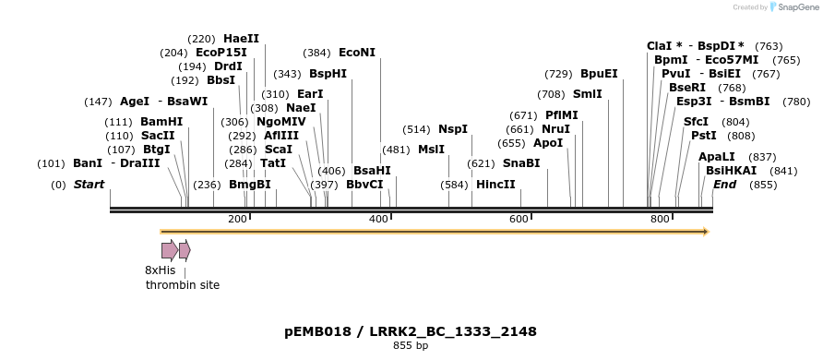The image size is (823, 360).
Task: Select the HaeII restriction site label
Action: point(241,39)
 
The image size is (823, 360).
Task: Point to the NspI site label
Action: point(452,129)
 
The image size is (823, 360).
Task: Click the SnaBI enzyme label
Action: point(521,163)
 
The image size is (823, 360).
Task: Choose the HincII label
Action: point(495,185)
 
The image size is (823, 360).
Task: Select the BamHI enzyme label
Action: point(161,122)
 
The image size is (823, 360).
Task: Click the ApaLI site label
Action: point(717,157)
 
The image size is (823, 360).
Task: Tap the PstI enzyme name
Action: point(703,136)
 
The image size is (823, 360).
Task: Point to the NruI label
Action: point(555,129)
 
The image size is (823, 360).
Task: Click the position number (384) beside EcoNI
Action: point(316,53)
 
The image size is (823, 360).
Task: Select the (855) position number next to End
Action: point(763,185)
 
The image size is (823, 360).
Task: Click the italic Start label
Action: point(89,185)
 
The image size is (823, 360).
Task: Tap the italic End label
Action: point(724,185)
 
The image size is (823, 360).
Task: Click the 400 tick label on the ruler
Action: point(377,219)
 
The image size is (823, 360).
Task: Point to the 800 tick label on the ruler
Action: point(659,219)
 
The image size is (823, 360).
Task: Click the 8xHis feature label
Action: point(160,270)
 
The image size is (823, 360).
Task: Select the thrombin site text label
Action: point(183,285)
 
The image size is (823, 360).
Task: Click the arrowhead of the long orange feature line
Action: point(705,232)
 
